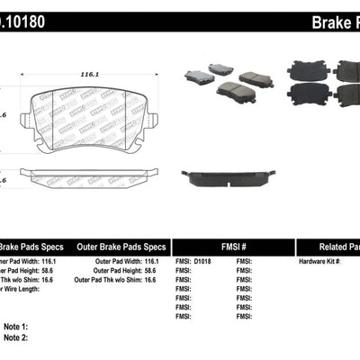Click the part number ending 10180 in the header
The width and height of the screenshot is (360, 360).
pos(22,16)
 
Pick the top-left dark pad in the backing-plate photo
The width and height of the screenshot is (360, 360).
pos(301,68)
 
